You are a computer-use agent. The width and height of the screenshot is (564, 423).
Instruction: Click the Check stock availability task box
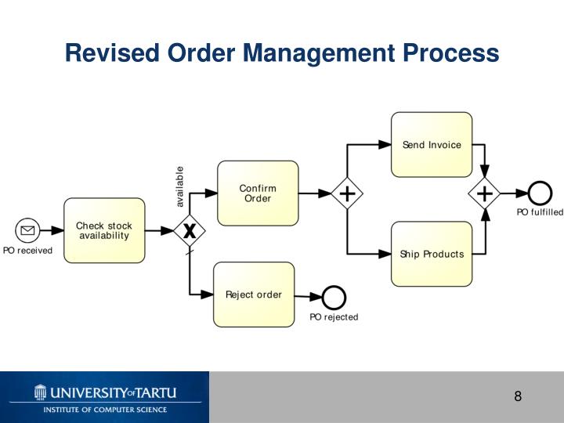104,230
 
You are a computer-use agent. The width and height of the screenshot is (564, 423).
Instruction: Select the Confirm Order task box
258,193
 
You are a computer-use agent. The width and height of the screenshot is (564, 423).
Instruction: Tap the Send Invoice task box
432,144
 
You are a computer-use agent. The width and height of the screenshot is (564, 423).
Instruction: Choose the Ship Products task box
432,254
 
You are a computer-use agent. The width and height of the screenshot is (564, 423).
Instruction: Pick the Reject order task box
254,295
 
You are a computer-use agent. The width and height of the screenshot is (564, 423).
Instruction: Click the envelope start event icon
27,230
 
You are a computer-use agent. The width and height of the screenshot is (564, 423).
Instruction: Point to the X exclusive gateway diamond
189,230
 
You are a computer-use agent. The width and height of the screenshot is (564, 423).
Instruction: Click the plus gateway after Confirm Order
346,193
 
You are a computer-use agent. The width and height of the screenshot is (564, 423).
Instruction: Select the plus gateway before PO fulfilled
485,193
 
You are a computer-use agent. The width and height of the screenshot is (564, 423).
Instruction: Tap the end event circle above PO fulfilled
540,193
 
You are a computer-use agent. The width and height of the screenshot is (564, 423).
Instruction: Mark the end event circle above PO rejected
334,296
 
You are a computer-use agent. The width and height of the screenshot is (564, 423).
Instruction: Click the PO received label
27,251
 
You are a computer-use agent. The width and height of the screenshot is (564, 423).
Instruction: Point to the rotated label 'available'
179,186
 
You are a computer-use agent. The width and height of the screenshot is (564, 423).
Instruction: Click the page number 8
518,396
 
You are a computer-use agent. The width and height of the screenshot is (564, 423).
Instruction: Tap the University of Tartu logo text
105,392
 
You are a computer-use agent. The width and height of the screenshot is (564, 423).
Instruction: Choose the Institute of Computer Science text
105,410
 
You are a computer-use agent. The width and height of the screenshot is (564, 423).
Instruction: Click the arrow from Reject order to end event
308,295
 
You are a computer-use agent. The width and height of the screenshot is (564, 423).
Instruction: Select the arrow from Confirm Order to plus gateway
314,193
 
